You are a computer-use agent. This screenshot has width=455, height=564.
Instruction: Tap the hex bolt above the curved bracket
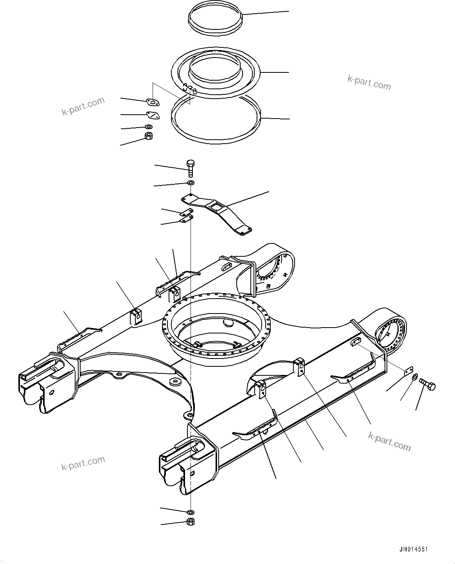tap(191, 168)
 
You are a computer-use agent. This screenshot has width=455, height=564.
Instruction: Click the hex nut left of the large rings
tap(149, 136)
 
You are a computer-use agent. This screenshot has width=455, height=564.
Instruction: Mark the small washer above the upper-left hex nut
tap(149, 127)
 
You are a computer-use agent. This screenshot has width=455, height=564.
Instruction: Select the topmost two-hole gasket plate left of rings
tap(153, 102)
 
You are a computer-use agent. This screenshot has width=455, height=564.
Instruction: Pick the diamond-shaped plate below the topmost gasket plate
tap(152, 115)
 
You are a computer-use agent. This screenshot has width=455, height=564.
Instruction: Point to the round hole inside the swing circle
tap(227, 323)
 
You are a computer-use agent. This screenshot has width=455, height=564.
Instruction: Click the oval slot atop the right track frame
tap(354, 342)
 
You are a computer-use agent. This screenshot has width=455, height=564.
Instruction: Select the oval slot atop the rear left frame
tap(227, 266)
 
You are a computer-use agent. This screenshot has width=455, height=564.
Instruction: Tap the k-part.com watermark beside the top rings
tap(369, 83)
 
